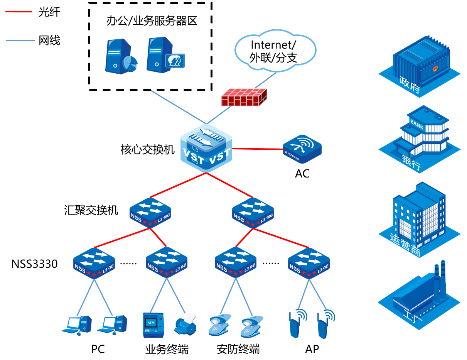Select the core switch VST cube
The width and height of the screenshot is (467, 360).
[206, 149]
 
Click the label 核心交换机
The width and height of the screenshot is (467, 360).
[148, 150]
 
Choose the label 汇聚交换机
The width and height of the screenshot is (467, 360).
[91, 210]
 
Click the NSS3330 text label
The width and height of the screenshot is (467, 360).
[34, 264]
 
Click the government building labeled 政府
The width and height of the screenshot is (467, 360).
[420, 64]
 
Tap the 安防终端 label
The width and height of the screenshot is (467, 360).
[238, 349]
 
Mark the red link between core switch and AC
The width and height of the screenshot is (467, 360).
[257, 149]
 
